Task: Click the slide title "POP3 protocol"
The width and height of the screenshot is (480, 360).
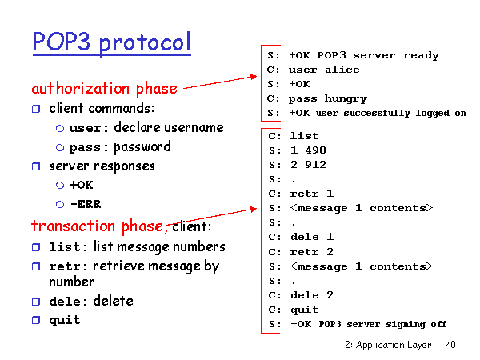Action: tap(112, 42)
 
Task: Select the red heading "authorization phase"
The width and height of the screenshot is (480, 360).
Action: tap(105, 89)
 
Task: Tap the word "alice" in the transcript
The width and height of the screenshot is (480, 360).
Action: tap(342, 70)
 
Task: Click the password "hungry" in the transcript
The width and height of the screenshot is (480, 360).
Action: tap(346, 98)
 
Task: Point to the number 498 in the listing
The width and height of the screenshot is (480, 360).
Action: tap(316, 150)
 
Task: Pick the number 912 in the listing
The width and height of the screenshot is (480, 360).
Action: tap(316, 165)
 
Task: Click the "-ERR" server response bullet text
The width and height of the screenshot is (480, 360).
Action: tap(86, 204)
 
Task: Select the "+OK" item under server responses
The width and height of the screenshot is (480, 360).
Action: tap(81, 185)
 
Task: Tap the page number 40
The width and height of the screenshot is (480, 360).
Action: tap(450, 345)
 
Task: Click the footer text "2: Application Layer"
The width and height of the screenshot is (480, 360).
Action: tap(388, 345)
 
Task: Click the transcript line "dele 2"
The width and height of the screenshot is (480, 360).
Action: tap(312, 295)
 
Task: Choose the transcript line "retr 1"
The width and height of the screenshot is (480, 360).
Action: tap(312, 194)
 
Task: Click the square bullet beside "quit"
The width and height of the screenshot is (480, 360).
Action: tap(36, 320)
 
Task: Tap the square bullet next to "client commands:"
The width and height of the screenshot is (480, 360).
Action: tap(36, 109)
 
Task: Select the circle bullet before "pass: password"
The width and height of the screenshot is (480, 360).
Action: tap(60, 148)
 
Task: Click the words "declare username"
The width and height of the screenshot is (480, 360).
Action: tap(169, 127)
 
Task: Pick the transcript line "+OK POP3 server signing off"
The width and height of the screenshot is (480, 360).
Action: tap(369, 324)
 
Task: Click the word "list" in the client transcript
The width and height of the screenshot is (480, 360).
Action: tap(304, 136)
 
